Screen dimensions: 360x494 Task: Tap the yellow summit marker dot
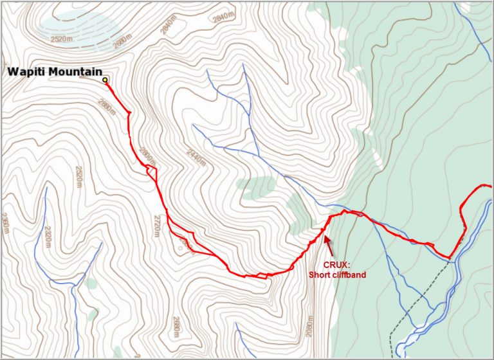pyautogui.click(x=105, y=80)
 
